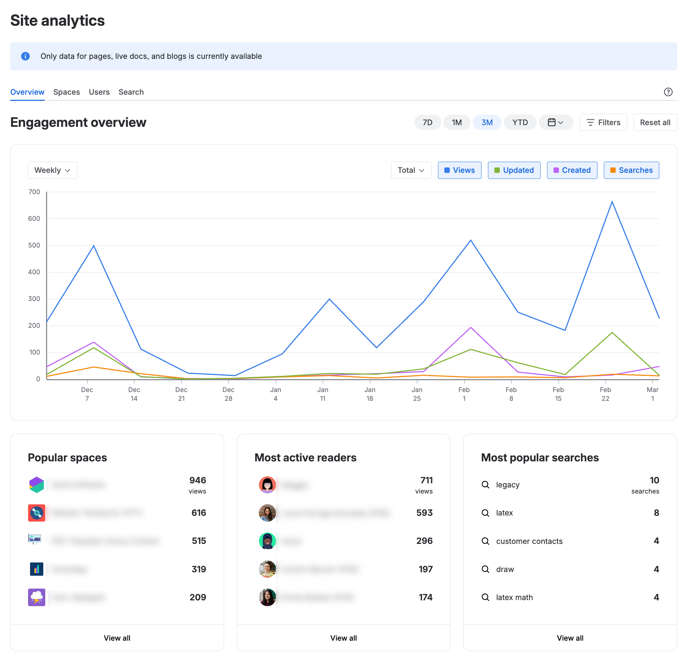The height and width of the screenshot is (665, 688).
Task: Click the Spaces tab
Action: tap(66, 92)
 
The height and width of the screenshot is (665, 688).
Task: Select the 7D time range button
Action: tap(427, 122)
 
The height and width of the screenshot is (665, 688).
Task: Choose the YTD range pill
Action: tap(519, 122)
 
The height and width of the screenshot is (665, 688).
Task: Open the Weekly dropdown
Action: tap(52, 170)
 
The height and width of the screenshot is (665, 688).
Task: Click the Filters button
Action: tap(603, 122)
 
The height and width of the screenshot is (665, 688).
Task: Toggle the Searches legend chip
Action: tap(631, 170)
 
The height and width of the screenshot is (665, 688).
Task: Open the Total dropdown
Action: tap(411, 170)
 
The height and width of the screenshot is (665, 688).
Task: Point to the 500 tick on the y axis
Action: tap(34, 245)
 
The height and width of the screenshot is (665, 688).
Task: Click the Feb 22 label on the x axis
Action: tap(605, 394)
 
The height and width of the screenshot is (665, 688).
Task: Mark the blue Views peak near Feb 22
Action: tap(612, 202)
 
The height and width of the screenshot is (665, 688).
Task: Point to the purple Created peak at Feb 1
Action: tap(471, 328)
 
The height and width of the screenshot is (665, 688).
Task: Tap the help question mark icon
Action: tap(668, 92)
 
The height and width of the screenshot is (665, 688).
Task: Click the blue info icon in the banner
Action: tap(25, 56)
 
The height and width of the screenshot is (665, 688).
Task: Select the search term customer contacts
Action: tap(529, 541)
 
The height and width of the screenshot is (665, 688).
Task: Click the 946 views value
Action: tap(197, 480)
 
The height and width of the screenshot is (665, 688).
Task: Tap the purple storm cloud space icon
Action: tap(36, 597)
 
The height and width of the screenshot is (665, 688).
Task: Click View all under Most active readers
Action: tap(343, 638)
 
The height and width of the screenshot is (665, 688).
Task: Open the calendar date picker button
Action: tap(556, 122)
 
